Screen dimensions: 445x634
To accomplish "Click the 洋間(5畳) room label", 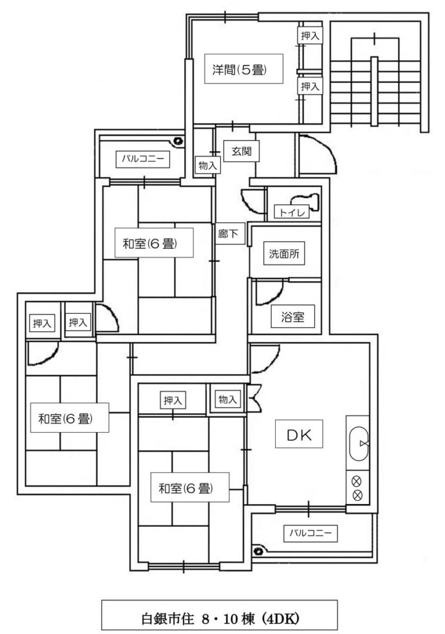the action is coord(240,69).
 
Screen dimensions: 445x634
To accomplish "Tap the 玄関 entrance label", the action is coord(241,151).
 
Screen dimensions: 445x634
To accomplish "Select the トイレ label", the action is coord(292,212).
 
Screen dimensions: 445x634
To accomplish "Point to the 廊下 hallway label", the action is coord(228,233).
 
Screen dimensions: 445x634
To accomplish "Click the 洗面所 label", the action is coord(284,253).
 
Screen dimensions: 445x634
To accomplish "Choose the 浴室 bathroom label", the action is coord(293,316).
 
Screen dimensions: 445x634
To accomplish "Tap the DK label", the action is coord(299,435).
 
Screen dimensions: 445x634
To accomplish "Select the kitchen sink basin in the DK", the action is coord(359,443).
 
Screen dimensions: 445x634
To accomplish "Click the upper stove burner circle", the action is coord(357,481).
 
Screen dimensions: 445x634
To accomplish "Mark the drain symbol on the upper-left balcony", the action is coord(177,141).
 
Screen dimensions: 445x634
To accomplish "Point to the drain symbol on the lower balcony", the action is coord(258,550).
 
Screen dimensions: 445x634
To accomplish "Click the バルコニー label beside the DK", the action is coord(310,533).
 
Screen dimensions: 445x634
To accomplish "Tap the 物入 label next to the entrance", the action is coord(208,165).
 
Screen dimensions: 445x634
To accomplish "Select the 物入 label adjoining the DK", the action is coord(227,399).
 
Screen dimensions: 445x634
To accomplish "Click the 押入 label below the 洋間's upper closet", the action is coord(310,86).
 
